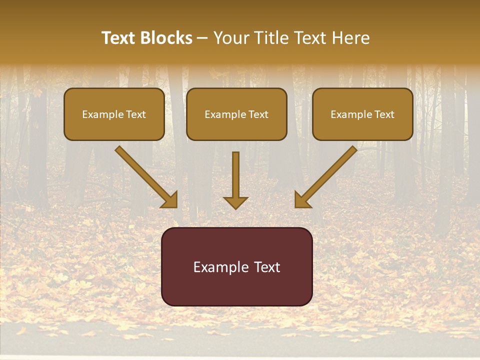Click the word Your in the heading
[230, 38]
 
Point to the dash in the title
[202, 38]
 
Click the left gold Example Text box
[114, 114]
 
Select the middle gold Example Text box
[236, 114]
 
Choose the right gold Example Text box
[362, 114]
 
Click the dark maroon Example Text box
[236, 266]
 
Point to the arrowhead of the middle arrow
[235, 202]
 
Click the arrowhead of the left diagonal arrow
[170, 200]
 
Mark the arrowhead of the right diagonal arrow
[302, 200]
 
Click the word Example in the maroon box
[218, 267]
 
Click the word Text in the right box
[384, 114]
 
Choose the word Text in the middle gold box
[258, 114]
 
